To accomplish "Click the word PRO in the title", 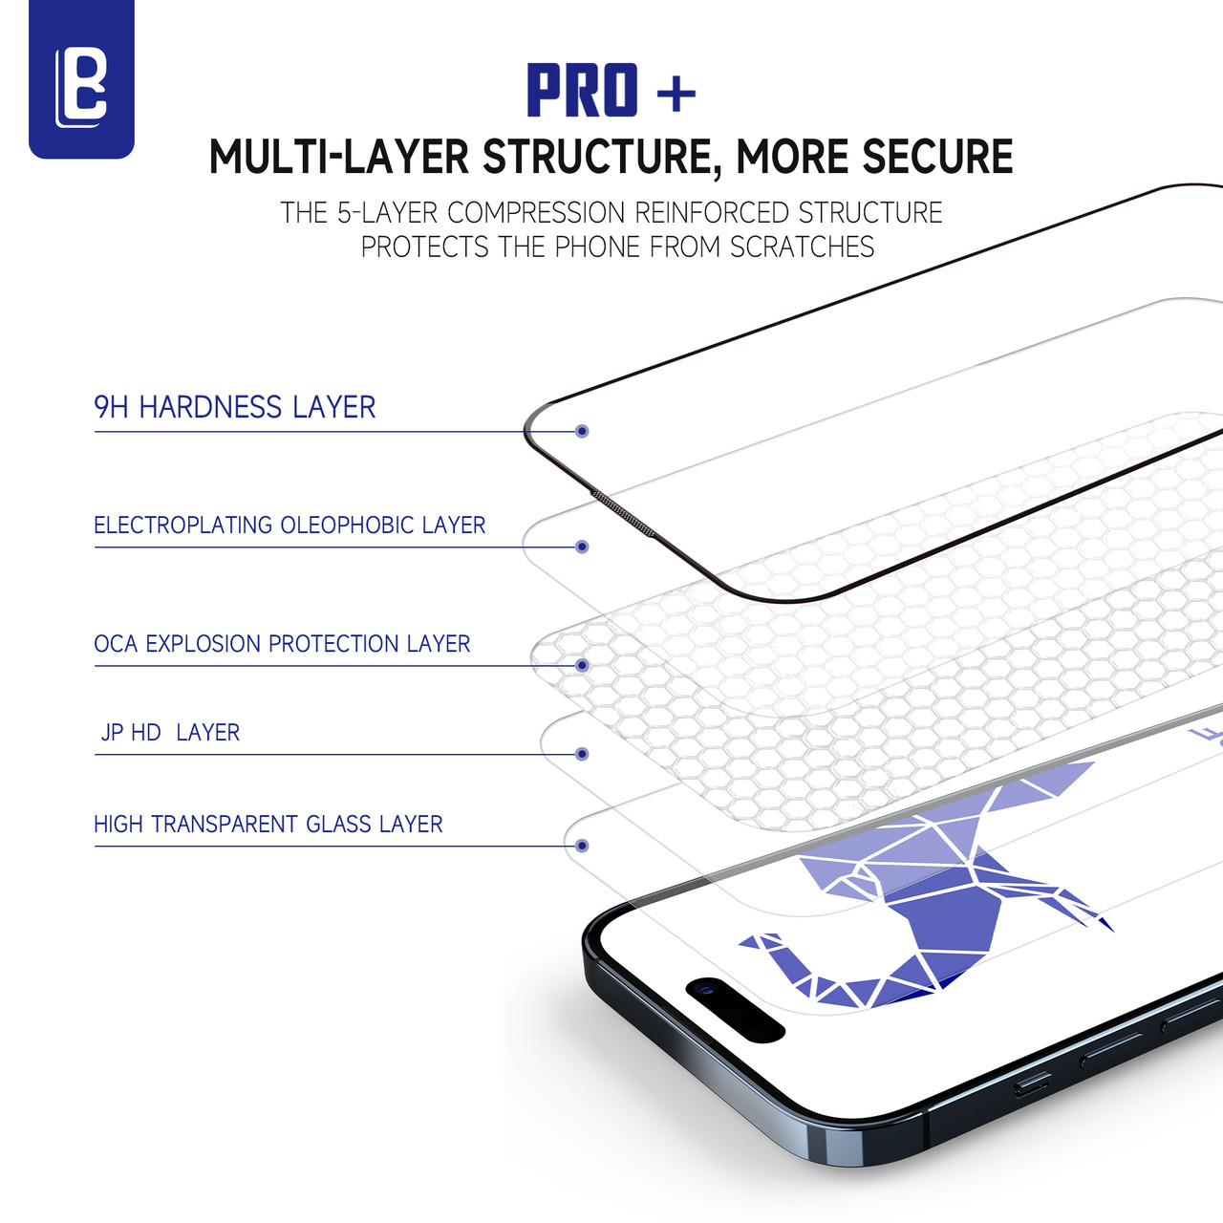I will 582,92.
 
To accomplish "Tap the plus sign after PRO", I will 676,94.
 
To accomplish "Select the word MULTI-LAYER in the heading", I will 338,158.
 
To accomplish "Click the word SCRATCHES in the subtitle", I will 802,247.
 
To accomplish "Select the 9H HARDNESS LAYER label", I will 234,407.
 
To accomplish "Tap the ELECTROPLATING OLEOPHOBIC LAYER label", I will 290,525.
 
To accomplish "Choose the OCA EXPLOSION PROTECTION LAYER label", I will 282,644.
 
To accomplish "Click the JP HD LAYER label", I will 170,733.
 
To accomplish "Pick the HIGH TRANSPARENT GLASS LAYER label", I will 268,824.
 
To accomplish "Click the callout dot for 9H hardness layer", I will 582,431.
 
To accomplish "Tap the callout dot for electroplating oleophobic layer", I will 582,547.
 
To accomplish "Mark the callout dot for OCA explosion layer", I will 582,665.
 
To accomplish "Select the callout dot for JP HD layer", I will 582,754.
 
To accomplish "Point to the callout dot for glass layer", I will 582,846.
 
